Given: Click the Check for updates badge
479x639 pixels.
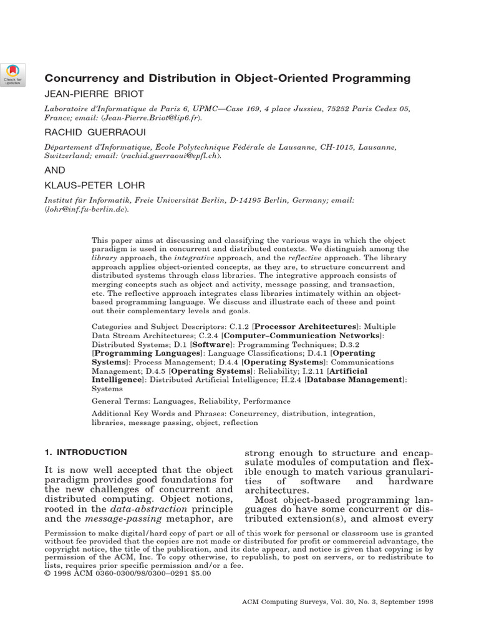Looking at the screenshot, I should pyautogui.click(x=12, y=74).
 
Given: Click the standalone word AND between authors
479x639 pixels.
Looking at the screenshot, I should pyautogui.click(x=54, y=169).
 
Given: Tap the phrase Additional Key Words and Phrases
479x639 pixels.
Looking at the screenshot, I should pyautogui.click(x=158, y=414).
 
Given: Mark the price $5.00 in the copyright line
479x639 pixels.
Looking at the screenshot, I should pyautogui.click(x=199, y=573).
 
